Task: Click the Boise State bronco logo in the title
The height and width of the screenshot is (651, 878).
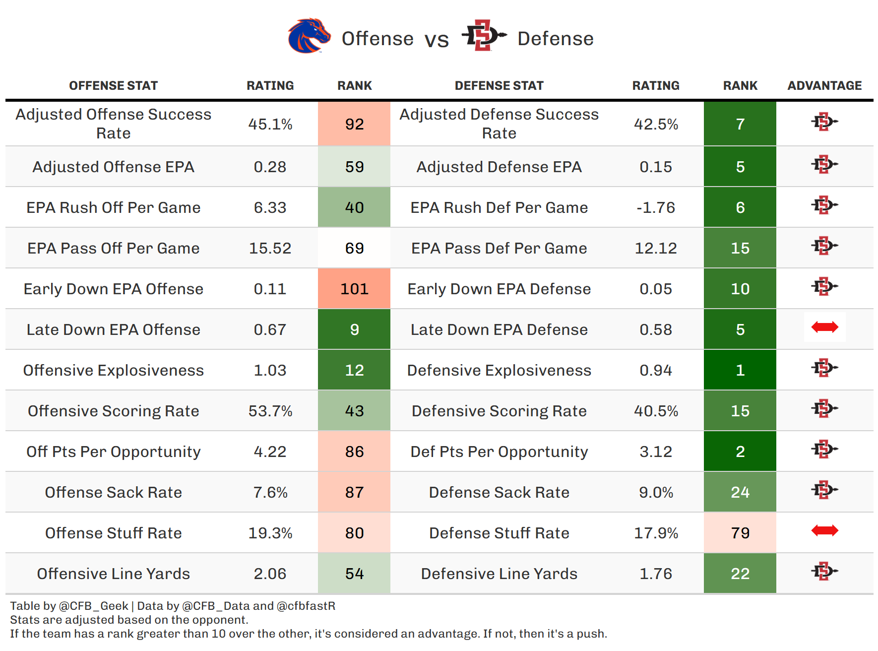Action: pyautogui.click(x=309, y=36)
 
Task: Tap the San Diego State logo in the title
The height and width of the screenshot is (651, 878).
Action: pyautogui.click(x=484, y=35)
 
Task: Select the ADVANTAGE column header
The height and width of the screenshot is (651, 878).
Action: pyautogui.click(x=824, y=86)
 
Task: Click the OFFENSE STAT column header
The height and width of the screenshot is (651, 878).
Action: pyautogui.click(x=113, y=86)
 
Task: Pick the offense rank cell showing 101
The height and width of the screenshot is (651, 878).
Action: pyautogui.click(x=354, y=289)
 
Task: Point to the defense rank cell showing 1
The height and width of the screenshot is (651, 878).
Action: pyautogui.click(x=740, y=370)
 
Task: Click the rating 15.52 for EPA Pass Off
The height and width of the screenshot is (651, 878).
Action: pyautogui.click(x=270, y=248)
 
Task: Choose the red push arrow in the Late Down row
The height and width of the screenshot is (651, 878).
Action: pyautogui.click(x=824, y=327)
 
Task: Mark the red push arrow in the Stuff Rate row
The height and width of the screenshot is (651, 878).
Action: pyautogui.click(x=824, y=530)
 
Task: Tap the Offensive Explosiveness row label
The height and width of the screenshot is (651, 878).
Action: pyautogui.click(x=113, y=370)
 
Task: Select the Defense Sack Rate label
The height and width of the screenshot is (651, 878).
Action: pyautogui.click(x=499, y=492)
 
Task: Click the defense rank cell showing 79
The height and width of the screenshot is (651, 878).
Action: pyautogui.click(x=740, y=533)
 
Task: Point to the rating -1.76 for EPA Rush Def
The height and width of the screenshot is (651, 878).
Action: pyautogui.click(x=655, y=207)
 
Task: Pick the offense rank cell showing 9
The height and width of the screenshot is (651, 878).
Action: pyautogui.click(x=354, y=329)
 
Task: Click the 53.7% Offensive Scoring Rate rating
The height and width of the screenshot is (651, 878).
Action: pyautogui.click(x=270, y=411)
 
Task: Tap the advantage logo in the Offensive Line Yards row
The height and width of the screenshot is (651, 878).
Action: pyautogui.click(x=824, y=572)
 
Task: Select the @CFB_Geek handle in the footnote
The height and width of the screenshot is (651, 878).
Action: pyautogui.click(x=94, y=606)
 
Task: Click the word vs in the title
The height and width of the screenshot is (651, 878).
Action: pyautogui.click(x=437, y=40)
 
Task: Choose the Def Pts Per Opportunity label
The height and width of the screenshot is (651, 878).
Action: pyautogui.click(x=499, y=452)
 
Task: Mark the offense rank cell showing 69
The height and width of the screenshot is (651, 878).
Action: pyautogui.click(x=354, y=248)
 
